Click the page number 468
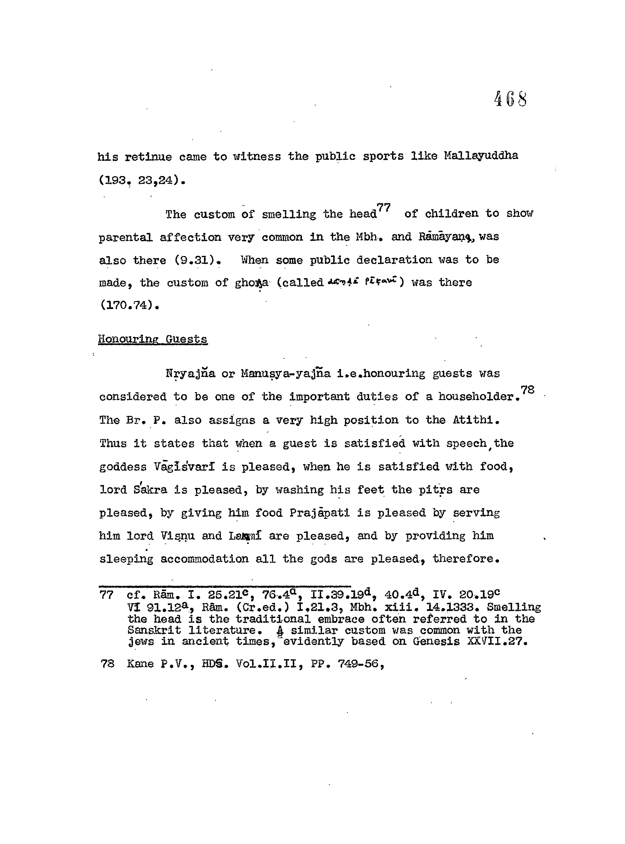510,100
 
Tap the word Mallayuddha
481,156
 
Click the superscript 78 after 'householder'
527,390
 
